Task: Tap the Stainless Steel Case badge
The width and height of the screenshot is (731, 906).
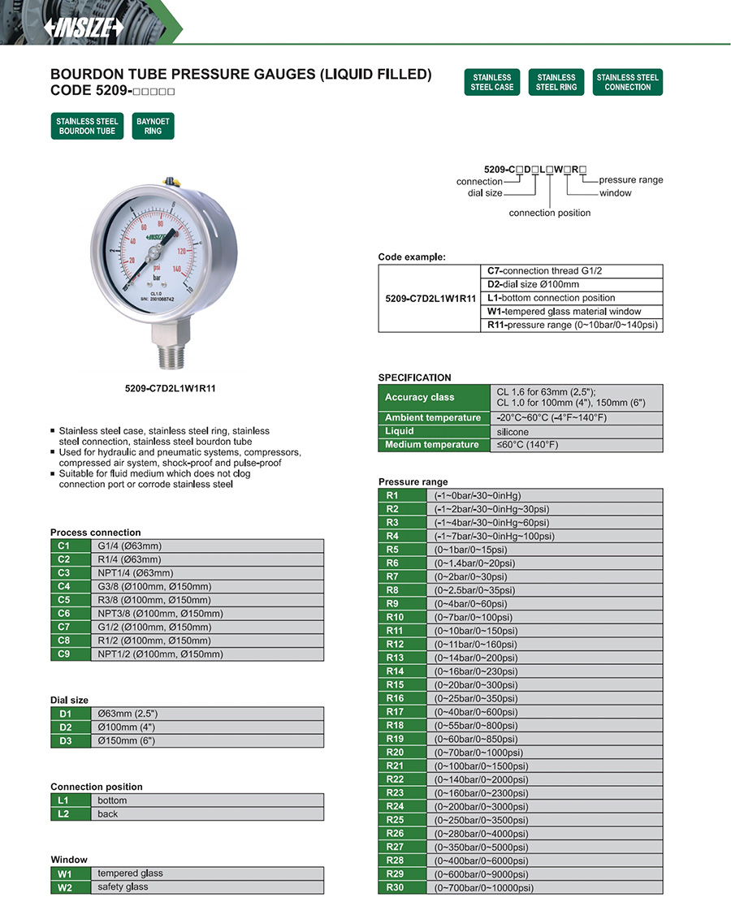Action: pyautogui.click(x=493, y=82)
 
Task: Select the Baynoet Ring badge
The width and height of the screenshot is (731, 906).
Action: pyautogui.click(x=153, y=126)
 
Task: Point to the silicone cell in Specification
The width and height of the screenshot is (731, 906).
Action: pyautogui.click(x=513, y=432)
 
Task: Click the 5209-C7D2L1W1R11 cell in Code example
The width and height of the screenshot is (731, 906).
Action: pyautogui.click(x=430, y=299)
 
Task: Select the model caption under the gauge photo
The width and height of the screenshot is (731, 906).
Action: pyautogui.click(x=165, y=389)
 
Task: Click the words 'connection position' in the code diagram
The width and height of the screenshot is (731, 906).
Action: pyautogui.click(x=550, y=213)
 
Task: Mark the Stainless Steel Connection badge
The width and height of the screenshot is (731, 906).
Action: pyautogui.click(x=627, y=82)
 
